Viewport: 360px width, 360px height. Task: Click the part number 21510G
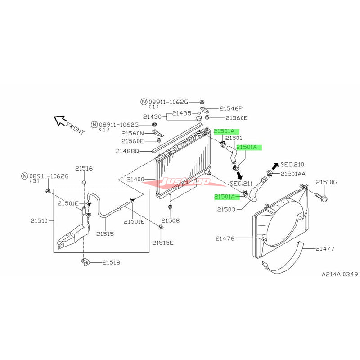click(x=326, y=182)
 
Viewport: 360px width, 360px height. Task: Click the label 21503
click(x=225, y=209)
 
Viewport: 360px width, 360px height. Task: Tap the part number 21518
click(x=111, y=262)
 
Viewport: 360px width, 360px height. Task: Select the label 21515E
click(x=162, y=243)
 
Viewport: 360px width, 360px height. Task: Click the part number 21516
click(x=84, y=168)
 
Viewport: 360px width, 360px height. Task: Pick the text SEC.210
click(x=292, y=165)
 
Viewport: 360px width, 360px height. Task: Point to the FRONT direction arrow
click(x=60, y=120)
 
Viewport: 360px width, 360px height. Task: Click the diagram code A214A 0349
click(x=340, y=274)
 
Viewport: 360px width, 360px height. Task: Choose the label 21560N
click(x=132, y=134)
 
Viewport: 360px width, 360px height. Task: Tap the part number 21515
click(x=105, y=234)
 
